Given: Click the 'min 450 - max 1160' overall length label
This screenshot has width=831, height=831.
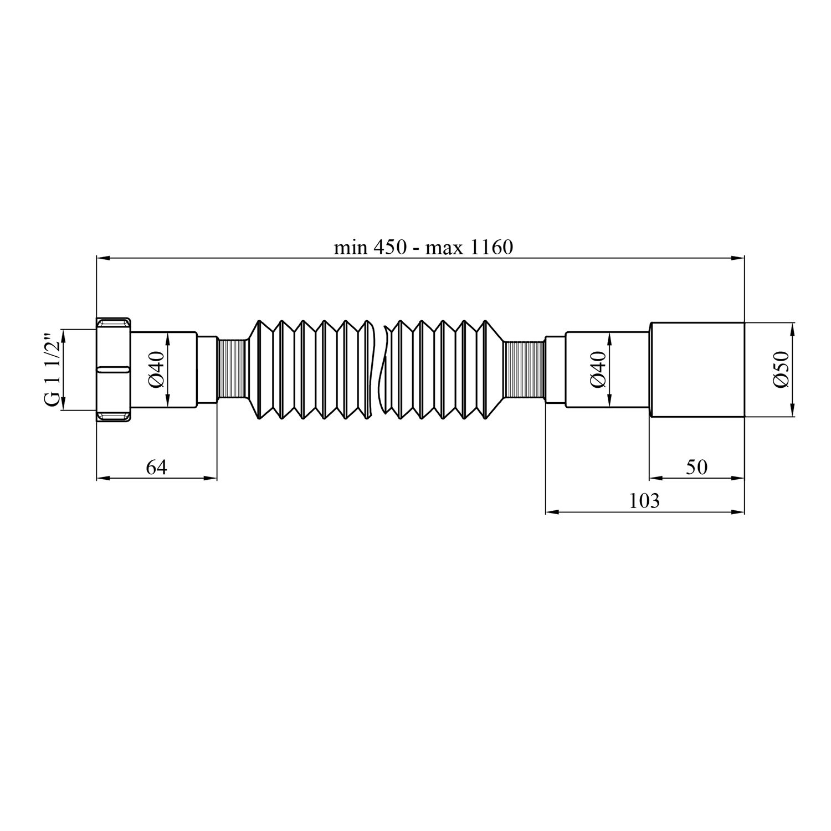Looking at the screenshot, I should (423, 247).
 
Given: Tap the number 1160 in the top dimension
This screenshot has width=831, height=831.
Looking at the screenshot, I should (491, 247).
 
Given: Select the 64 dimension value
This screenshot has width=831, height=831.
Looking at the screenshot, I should (156, 468).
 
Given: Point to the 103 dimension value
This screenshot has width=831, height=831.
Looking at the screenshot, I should (645, 501).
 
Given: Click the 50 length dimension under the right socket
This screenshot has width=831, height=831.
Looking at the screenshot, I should (696, 468).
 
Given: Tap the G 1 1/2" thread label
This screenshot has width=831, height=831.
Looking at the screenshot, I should (53, 370).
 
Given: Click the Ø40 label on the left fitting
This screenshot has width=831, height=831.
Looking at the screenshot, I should (157, 370).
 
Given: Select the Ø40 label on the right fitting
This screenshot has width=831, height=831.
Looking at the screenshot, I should (598, 370).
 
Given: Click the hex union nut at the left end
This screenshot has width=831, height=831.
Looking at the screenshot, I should (114, 370).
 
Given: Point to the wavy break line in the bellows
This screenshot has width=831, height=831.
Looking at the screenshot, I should (379, 370).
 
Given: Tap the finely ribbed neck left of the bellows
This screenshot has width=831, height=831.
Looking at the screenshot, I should (232, 370).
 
